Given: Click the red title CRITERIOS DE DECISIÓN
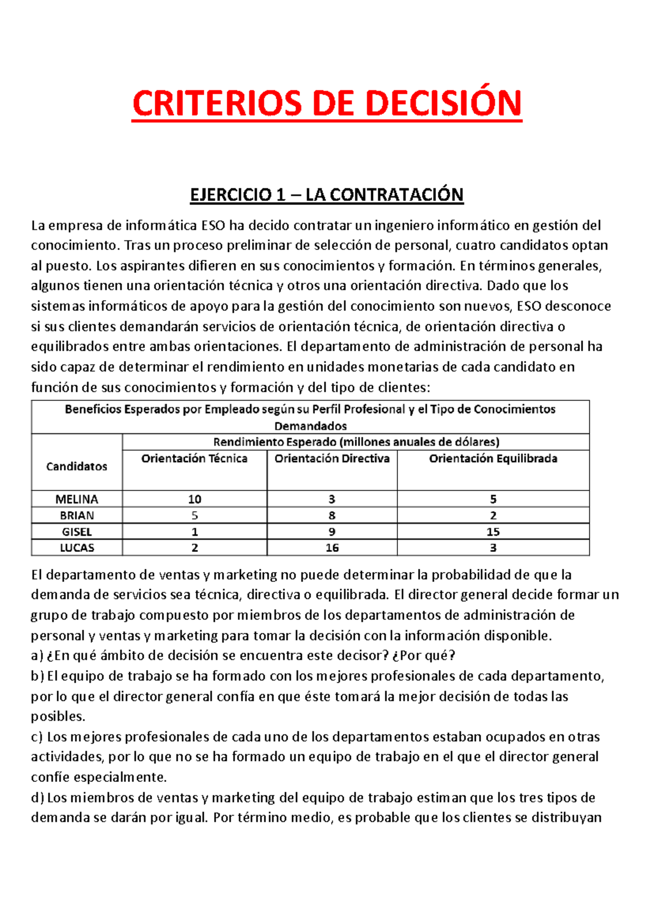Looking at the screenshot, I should coord(327,104).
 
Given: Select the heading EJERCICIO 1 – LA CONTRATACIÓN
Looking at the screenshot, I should coord(326,194).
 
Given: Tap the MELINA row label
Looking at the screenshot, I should coord(77,499).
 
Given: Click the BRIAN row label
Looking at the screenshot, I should coord(77,515).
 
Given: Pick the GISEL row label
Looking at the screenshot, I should coord(77,532).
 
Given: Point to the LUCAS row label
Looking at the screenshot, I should coord(77,548).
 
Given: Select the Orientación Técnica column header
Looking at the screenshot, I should coord(195,459).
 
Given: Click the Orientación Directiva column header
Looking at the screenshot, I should coord(332,459).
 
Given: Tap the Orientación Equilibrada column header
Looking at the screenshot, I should coord(493,459).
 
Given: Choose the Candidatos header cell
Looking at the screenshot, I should coord(77,466).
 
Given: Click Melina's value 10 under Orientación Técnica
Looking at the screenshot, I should coord(195,499).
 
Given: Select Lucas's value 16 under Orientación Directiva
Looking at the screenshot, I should coord(332,548).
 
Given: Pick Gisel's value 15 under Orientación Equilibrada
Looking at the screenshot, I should coord(493,532).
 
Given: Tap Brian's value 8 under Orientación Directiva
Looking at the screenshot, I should coord(332,515).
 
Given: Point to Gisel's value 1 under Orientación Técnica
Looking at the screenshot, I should coord(195,532).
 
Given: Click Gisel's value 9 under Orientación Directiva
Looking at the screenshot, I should coord(332,532).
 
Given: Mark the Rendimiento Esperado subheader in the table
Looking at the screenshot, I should coord(356,442).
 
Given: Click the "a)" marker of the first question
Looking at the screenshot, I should coord(37,655).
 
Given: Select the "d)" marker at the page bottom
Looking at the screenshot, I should coord(37,798).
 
